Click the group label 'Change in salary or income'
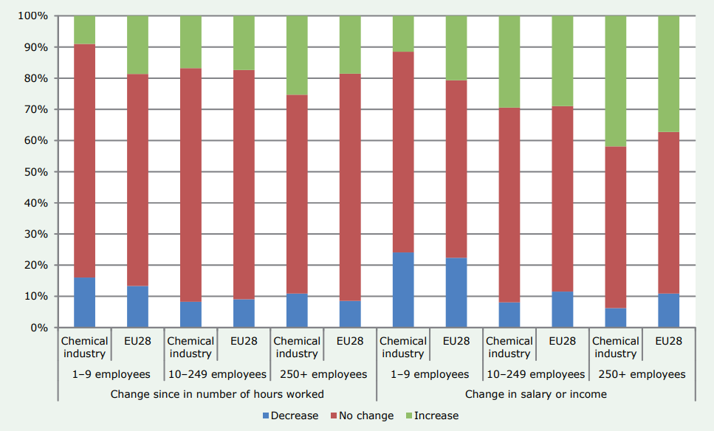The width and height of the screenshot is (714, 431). tap(535, 394)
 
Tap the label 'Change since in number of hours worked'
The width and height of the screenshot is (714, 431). tap(217, 394)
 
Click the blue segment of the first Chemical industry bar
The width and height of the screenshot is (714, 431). tap(84, 303)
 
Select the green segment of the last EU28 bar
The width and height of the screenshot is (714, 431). tap(668, 74)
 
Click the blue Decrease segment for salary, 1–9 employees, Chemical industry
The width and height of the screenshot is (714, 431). tap(403, 290)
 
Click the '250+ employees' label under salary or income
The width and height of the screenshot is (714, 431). tap(642, 374)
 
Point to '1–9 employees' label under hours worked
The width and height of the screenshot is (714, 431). tap(111, 374)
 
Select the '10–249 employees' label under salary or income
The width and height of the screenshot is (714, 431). tap(535, 374)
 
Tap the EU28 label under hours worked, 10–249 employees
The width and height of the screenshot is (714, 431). tap(244, 341)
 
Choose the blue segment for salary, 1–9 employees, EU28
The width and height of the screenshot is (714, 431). tap(456, 292)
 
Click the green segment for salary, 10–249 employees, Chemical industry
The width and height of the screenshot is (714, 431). tap(509, 62)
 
